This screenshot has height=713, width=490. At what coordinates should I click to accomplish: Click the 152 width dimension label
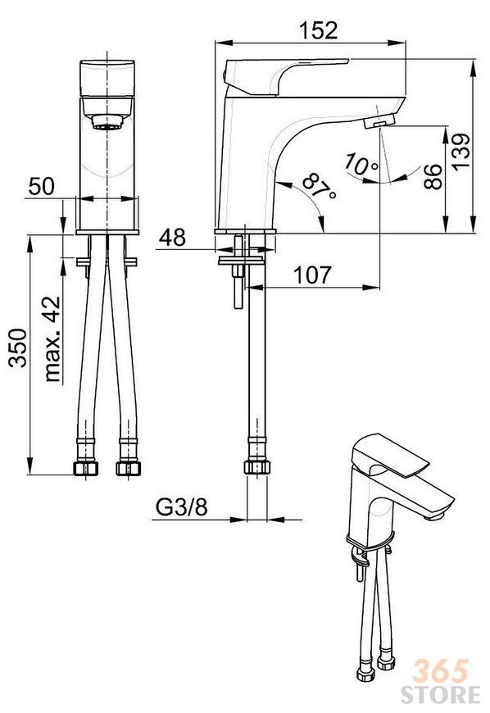(x=318, y=30)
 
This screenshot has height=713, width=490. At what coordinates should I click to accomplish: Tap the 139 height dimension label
(x=462, y=151)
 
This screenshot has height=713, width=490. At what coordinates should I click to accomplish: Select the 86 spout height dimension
(x=433, y=176)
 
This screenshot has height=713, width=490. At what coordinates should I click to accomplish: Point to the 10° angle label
(x=360, y=165)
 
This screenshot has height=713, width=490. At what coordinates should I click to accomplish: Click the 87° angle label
(x=319, y=186)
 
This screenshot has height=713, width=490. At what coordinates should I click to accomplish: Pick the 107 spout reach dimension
(x=313, y=275)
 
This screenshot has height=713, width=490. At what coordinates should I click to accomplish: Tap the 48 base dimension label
(x=172, y=238)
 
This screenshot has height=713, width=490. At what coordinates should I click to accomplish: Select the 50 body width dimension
(x=41, y=186)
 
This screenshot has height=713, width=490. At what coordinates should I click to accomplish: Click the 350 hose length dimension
(x=19, y=347)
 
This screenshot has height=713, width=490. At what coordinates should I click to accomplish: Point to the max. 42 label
(x=52, y=338)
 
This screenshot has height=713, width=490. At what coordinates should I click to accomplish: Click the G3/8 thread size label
(x=182, y=507)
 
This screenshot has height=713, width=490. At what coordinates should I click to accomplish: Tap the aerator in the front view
(x=107, y=122)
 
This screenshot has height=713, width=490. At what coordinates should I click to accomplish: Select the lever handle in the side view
(x=286, y=76)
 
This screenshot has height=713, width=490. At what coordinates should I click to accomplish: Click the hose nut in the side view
(x=257, y=467)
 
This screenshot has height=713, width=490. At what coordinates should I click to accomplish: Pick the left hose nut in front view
(x=85, y=468)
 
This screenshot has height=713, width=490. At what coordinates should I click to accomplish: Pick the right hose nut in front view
(x=128, y=468)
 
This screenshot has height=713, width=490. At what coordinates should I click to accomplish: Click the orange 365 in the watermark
(x=440, y=671)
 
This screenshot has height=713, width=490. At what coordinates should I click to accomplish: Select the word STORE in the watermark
(x=440, y=694)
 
